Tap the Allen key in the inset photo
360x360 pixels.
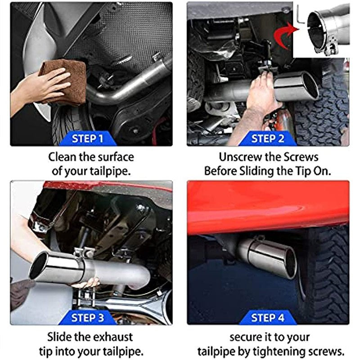tap(301, 15)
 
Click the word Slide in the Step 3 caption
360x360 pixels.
tap(61, 336)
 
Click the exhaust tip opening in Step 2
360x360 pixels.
tap(310, 85)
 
